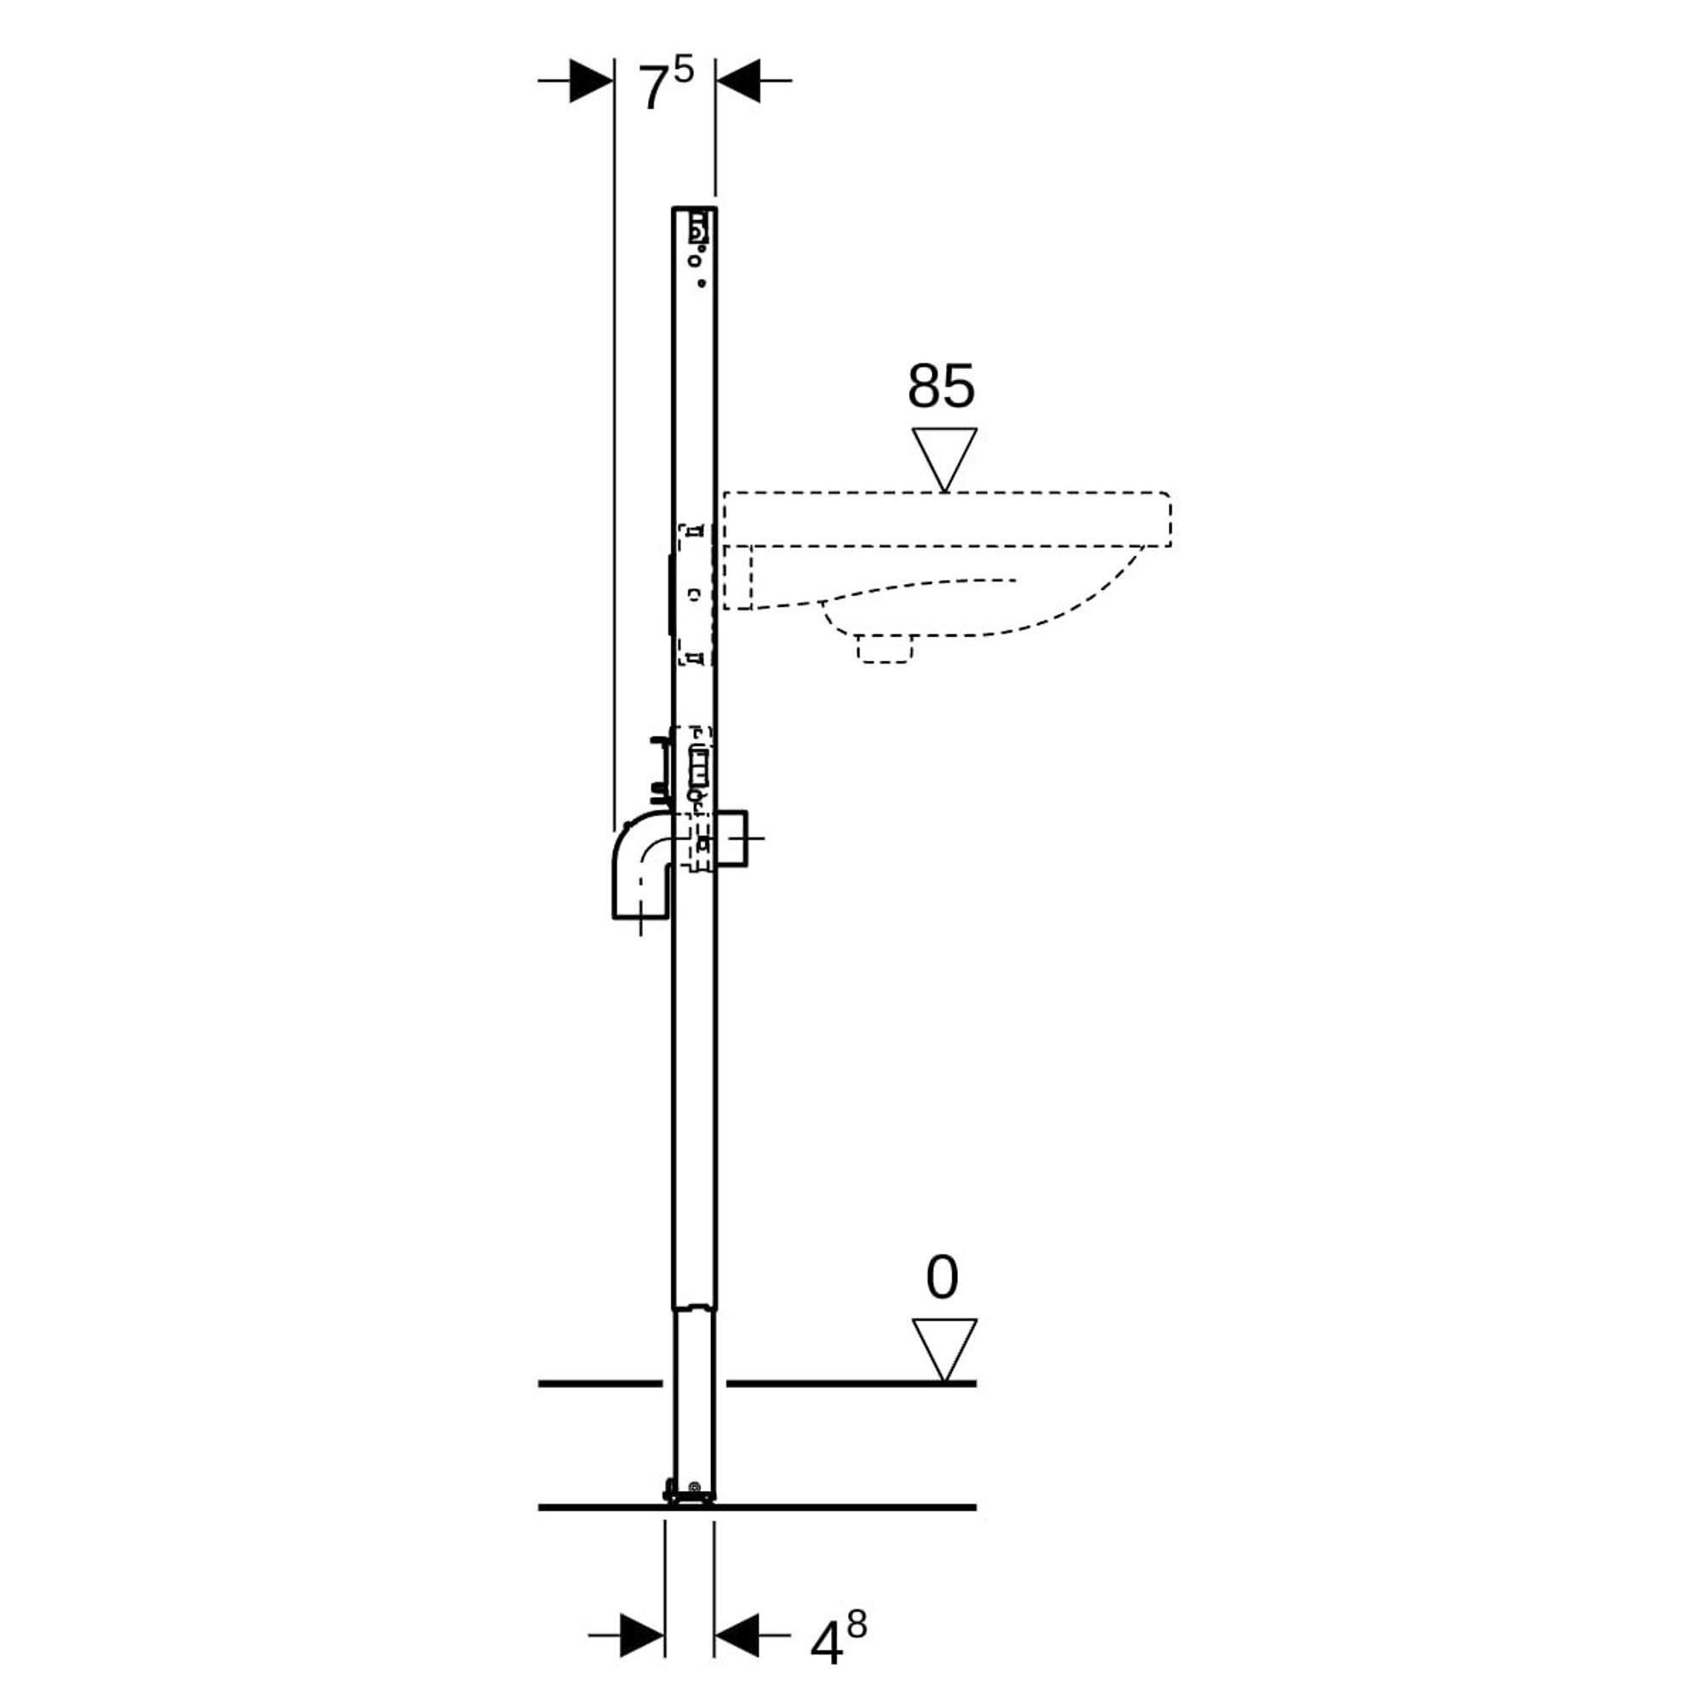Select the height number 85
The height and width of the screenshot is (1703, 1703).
[x=942, y=386]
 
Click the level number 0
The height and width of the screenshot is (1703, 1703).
[x=942, y=1278]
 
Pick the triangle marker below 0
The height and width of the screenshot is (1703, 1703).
[x=944, y=1351]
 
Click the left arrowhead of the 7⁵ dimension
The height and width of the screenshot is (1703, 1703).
[x=592, y=80]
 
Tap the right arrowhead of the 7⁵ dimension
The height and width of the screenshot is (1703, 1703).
[x=737, y=80]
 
